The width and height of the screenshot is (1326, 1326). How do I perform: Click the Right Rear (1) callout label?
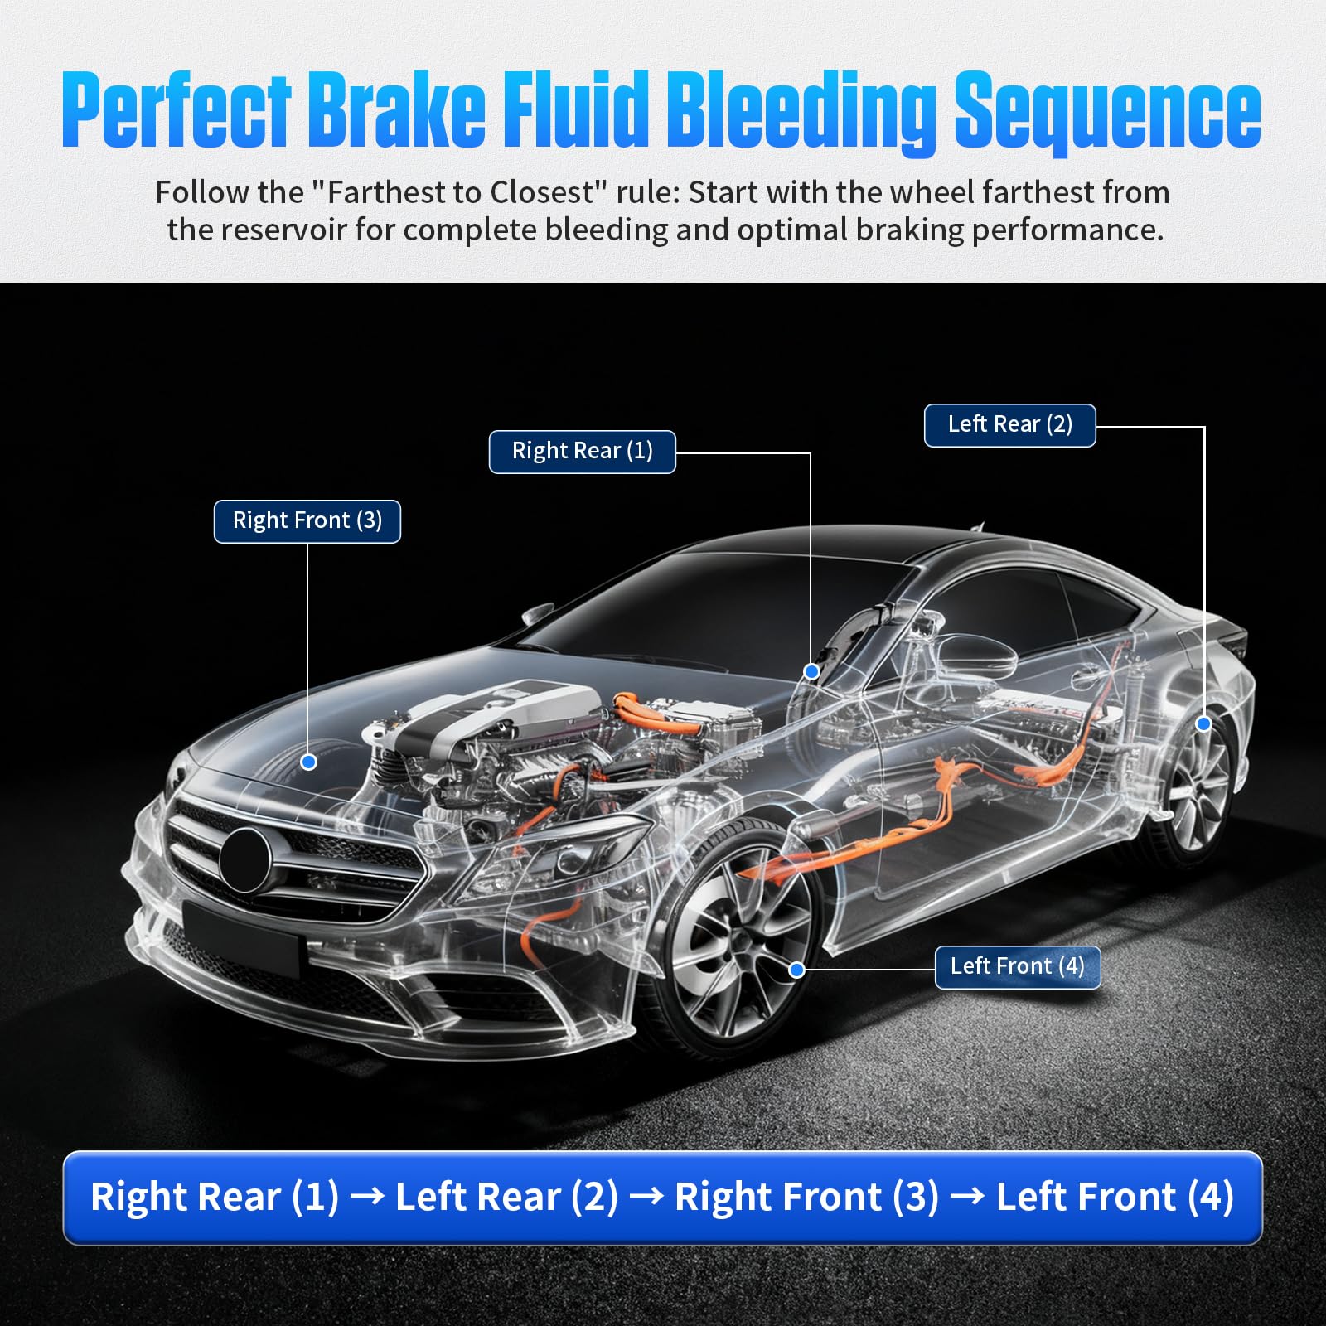582,452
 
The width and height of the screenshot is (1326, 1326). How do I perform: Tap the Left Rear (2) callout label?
1009,425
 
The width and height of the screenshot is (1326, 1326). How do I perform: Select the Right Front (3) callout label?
307,521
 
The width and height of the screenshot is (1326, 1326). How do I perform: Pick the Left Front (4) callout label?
1017,967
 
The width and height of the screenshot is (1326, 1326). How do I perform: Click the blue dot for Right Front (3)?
308,762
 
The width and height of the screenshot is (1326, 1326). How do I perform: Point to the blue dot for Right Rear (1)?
811,671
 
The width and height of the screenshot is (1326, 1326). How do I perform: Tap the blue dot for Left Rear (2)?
1203,723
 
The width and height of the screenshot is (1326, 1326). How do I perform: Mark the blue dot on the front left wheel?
796,970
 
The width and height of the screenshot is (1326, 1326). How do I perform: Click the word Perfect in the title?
177,110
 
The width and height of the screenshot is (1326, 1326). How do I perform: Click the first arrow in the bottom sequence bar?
367,1197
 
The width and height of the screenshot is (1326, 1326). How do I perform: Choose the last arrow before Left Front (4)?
967,1197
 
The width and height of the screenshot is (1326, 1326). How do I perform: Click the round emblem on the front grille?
245,859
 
